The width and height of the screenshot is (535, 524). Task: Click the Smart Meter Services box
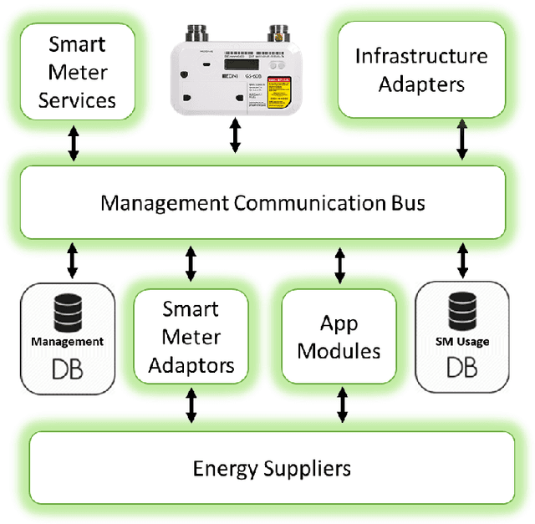(x=77, y=72)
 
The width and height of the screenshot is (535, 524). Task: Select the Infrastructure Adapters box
(x=420, y=70)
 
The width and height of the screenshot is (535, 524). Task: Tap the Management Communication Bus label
(x=262, y=203)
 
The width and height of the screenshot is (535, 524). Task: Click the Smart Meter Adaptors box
(x=190, y=338)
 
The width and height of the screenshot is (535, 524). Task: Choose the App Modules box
(x=339, y=338)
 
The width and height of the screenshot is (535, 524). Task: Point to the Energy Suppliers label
(x=272, y=467)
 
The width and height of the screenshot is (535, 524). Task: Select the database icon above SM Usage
(x=462, y=313)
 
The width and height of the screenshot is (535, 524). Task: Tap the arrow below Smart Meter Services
(x=74, y=143)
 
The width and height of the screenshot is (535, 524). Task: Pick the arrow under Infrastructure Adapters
(x=461, y=138)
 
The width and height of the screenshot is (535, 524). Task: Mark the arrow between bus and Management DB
(x=72, y=262)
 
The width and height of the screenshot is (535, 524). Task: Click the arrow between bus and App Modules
(x=339, y=264)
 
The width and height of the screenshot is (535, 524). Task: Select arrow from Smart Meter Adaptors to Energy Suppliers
(x=191, y=405)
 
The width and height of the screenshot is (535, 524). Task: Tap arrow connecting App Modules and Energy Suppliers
(x=342, y=405)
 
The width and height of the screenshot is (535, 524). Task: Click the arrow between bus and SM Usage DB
(x=461, y=262)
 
